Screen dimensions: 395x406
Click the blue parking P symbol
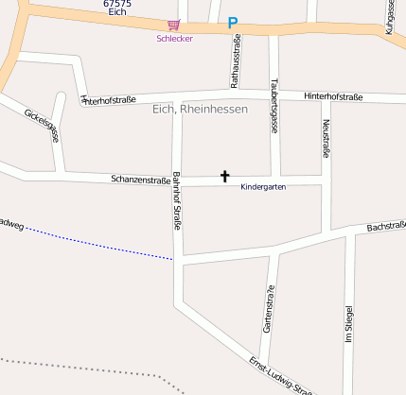pos(233,22)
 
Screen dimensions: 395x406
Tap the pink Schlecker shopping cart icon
pos(173,26)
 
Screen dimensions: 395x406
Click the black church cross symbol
pos(225,176)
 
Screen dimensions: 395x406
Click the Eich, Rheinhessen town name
pos(200,110)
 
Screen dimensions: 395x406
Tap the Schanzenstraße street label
pos(140,179)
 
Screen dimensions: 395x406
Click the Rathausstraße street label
pos(236,56)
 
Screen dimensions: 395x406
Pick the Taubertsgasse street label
pos(274,104)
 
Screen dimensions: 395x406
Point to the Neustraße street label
pos(327,138)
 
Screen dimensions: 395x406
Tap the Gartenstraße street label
pos(268,315)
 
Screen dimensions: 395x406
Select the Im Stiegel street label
pos(349,326)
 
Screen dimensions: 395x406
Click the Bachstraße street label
pos(386,228)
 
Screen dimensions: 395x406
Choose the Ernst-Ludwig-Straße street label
pos(280,375)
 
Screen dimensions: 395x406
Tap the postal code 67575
pos(117,5)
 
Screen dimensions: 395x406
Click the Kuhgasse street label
pos(391,17)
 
